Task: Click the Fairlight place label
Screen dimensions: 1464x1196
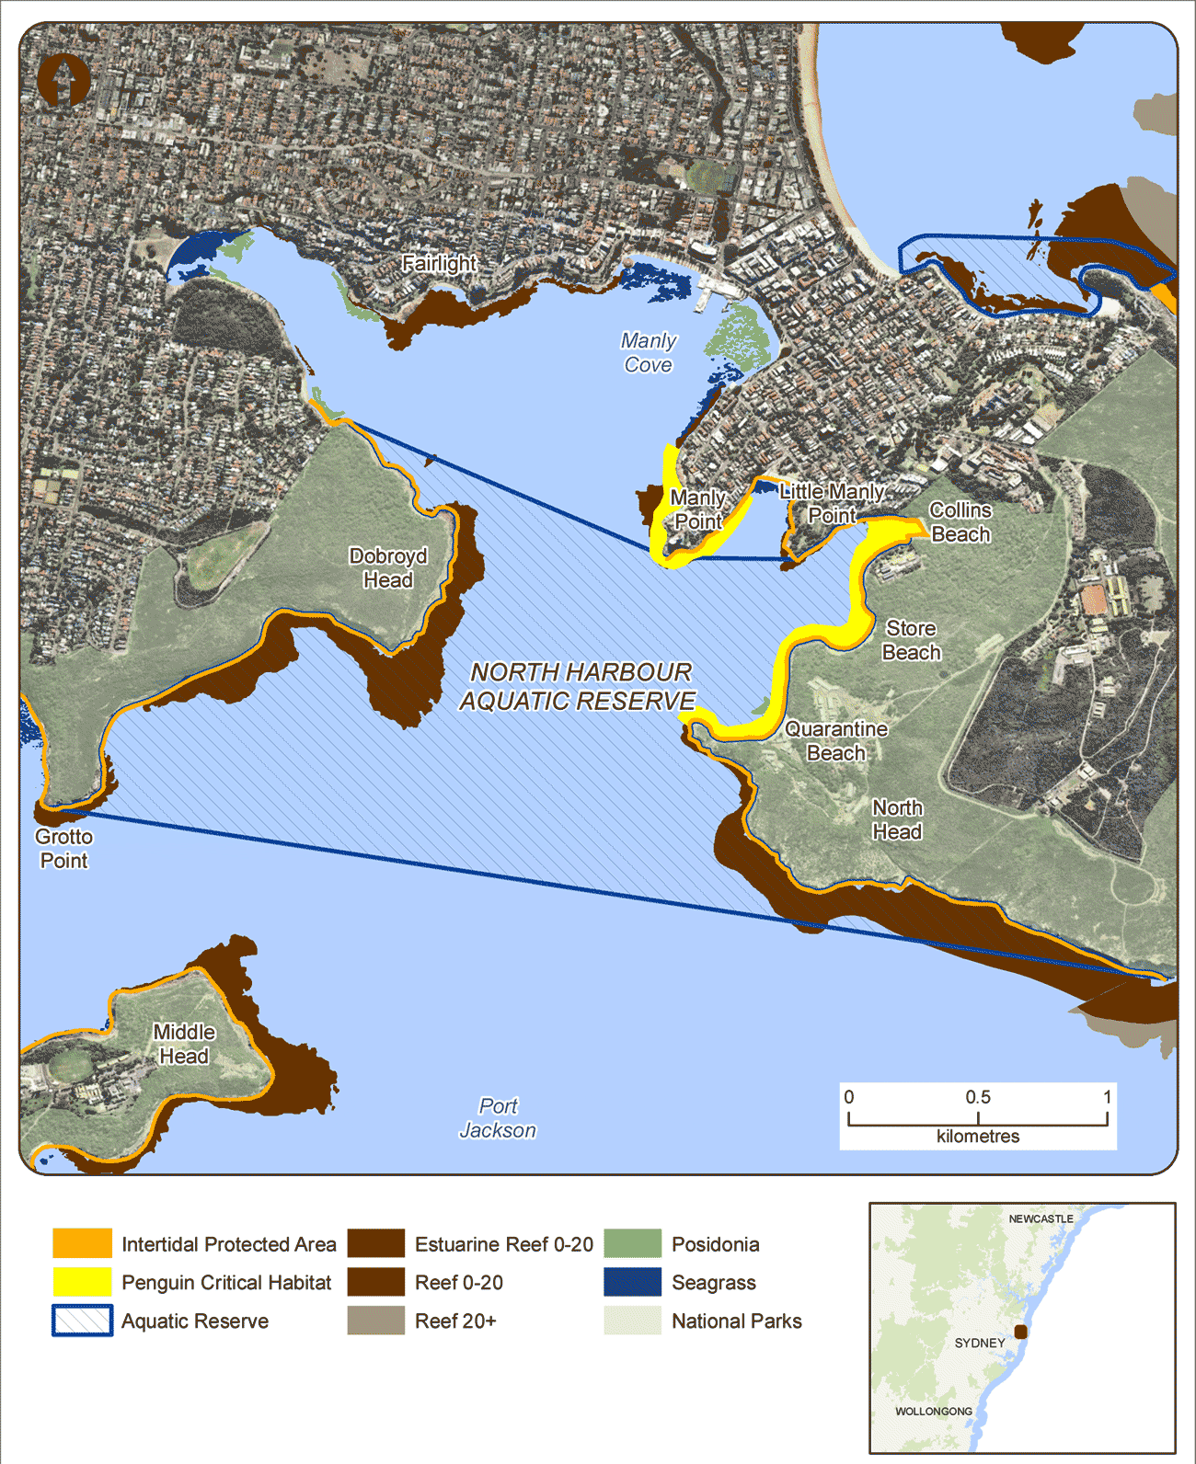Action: pos(439,263)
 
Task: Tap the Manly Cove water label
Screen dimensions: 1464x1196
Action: pos(649,353)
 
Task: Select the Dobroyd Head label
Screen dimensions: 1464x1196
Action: pos(388,568)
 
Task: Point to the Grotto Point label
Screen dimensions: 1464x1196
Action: pos(63,849)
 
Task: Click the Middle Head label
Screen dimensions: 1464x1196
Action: pos(184,1044)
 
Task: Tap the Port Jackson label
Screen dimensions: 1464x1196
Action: pos(498,1118)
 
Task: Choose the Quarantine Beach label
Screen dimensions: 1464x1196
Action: pos(836,741)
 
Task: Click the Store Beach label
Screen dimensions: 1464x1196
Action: pos(911,640)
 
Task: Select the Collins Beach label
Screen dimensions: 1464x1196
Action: pos(960,522)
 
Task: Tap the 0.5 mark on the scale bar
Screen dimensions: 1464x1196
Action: pos(978,1098)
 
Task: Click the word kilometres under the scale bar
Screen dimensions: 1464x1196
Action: pos(978,1137)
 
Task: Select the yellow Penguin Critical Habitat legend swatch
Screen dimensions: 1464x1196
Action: pos(82,1282)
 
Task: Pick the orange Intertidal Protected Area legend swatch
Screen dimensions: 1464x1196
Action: pos(82,1243)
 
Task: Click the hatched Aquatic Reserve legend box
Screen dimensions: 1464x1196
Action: pos(82,1321)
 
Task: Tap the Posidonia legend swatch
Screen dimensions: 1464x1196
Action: pos(633,1243)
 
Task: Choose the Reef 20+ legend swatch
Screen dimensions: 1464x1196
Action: pos(375,1321)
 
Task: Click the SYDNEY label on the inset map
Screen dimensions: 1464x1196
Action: pos(980,1343)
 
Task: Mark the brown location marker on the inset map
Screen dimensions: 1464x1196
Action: pos(1020,1332)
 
